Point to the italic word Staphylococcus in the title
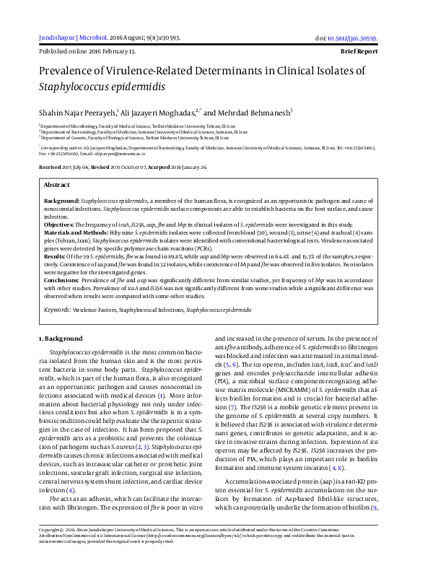pyautogui.click(x=76, y=87)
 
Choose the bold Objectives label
pyautogui.click(x=61, y=225)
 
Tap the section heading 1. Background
pyautogui.click(x=61, y=338)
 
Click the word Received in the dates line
pyautogui.click(x=50, y=167)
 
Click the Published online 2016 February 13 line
pyautogui.click(x=87, y=52)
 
